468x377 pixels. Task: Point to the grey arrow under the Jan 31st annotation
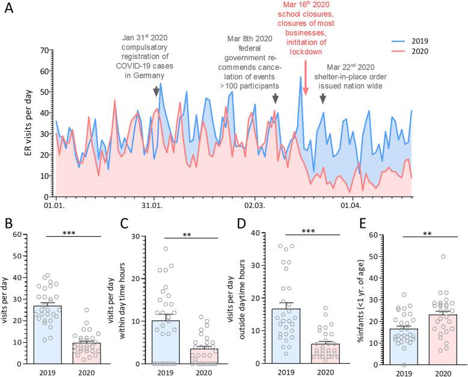(156, 91)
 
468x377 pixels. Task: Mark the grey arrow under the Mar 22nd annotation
(323, 99)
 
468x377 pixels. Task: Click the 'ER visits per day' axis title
(28, 123)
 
